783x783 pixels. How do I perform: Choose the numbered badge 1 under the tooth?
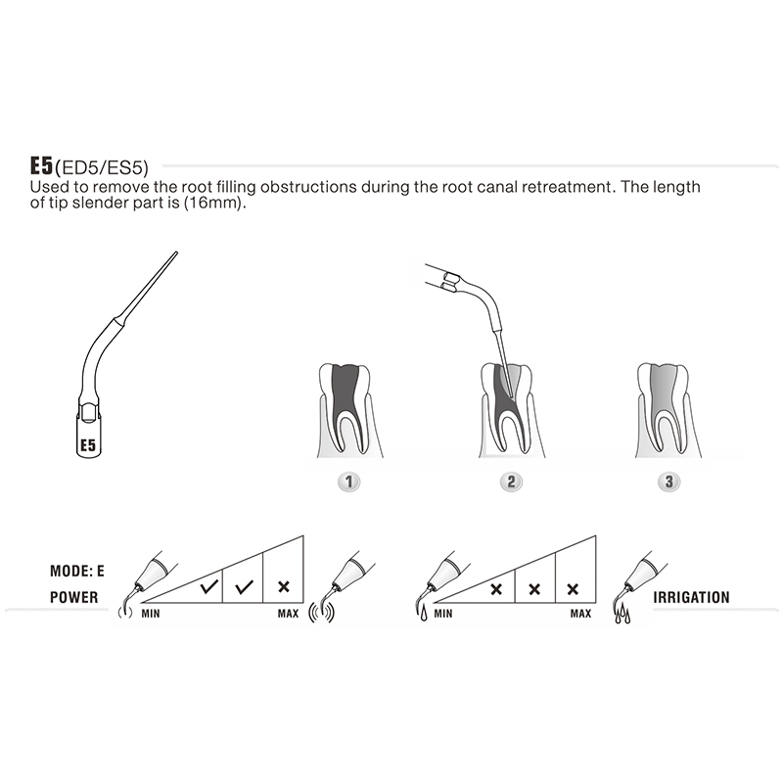[347, 482]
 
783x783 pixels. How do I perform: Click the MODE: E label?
[75, 570]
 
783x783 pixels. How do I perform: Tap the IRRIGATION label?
[698, 596]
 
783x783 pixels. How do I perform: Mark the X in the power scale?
[284, 587]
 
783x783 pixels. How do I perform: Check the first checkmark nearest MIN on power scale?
[207, 588]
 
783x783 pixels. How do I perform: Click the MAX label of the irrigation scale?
[579, 614]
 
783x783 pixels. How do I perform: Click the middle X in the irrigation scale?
[534, 588]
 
